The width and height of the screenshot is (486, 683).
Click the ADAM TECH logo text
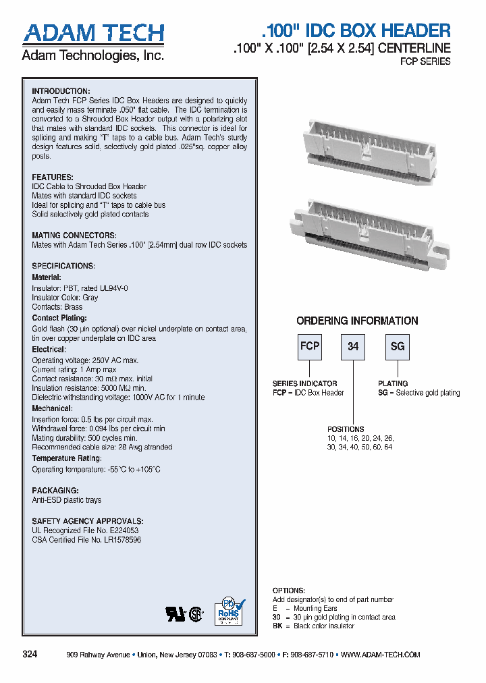click(93, 33)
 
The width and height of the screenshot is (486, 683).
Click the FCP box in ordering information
click(309, 347)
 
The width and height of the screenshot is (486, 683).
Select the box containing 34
click(353, 347)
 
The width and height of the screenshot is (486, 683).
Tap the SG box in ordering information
click(397, 347)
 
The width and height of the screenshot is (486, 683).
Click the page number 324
click(30, 655)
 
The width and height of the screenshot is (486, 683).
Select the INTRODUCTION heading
click(61, 91)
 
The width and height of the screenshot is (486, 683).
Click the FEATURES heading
click(53, 177)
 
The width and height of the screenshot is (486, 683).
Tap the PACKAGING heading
click(55, 491)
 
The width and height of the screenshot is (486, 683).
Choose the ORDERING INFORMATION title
click(357, 321)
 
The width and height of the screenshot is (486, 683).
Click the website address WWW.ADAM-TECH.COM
click(381, 655)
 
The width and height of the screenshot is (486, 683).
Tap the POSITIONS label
click(346, 429)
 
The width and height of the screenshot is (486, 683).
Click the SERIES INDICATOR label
click(304, 383)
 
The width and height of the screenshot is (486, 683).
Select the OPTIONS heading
click(288, 591)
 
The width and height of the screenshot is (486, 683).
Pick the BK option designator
click(277, 626)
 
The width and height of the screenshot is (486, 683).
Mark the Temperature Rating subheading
click(66, 459)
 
